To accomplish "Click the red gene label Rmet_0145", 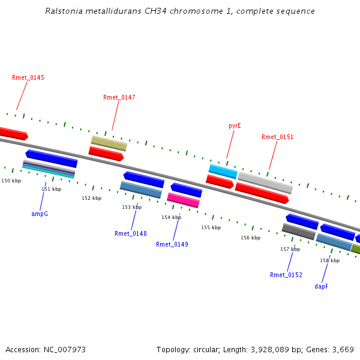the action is pyautogui.click(x=28, y=77).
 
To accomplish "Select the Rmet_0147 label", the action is pyautogui.click(x=119, y=97).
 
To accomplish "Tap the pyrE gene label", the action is pyautogui.click(x=235, y=126).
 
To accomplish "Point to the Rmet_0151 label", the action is pyautogui.click(x=277, y=137).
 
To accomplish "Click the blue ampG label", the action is pyautogui.click(x=40, y=214).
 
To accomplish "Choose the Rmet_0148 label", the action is pyautogui.click(x=131, y=233).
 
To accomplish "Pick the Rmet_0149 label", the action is pyautogui.click(x=172, y=244).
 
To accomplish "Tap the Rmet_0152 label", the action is pyautogui.click(x=286, y=275).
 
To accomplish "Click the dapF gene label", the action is pyautogui.click(x=321, y=287).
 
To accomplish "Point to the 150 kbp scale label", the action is pyautogui.click(x=11, y=181).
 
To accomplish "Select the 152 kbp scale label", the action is pyautogui.click(x=92, y=198).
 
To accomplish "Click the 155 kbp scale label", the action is pyautogui.click(x=211, y=227).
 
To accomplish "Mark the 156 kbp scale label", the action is pyautogui.click(x=250, y=238).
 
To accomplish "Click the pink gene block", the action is pyautogui.click(x=183, y=200).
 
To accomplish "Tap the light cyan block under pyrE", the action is pyautogui.click(x=223, y=172).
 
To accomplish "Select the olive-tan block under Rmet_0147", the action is pyautogui.click(x=109, y=143).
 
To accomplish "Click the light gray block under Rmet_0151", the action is pyautogui.click(x=265, y=183).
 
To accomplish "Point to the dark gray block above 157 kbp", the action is pyautogui.click(x=299, y=232).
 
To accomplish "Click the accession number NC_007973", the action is pyautogui.click(x=65, y=350).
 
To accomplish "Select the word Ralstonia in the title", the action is pyautogui.click(x=64, y=11).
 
